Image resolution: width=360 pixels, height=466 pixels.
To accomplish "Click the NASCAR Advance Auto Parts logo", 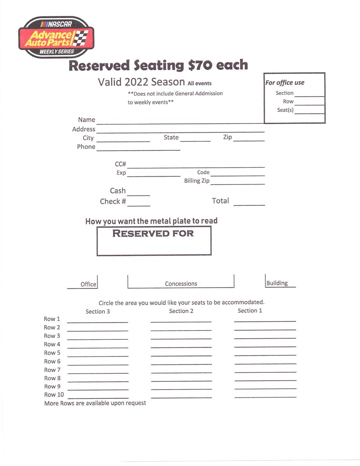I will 56,37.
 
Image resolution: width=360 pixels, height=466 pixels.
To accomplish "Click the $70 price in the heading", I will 200,65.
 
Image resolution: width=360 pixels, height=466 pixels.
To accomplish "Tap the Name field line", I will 180,123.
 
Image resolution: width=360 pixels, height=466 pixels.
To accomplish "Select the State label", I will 171,137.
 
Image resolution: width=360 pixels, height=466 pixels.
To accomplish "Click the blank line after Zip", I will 249,141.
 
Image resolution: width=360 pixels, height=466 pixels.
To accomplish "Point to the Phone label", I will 86,147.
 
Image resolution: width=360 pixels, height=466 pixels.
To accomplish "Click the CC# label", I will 120,164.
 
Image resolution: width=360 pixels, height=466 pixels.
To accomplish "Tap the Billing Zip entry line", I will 237,184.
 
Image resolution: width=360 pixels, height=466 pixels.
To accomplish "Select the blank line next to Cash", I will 139,195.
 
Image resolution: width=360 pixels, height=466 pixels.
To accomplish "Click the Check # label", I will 113,202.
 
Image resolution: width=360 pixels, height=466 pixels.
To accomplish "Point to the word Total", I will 220,201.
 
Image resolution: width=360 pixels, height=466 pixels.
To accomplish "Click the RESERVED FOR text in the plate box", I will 153,233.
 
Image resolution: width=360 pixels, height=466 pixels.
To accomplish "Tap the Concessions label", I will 181,284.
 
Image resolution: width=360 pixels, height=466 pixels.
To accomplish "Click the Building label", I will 277,283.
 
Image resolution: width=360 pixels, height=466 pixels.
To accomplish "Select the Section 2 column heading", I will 181,311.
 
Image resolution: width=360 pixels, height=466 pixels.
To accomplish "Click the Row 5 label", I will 52,353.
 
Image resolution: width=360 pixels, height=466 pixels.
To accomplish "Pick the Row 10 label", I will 54,395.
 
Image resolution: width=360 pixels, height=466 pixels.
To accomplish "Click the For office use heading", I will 285,83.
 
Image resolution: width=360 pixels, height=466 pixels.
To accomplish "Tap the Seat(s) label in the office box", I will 285,110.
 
